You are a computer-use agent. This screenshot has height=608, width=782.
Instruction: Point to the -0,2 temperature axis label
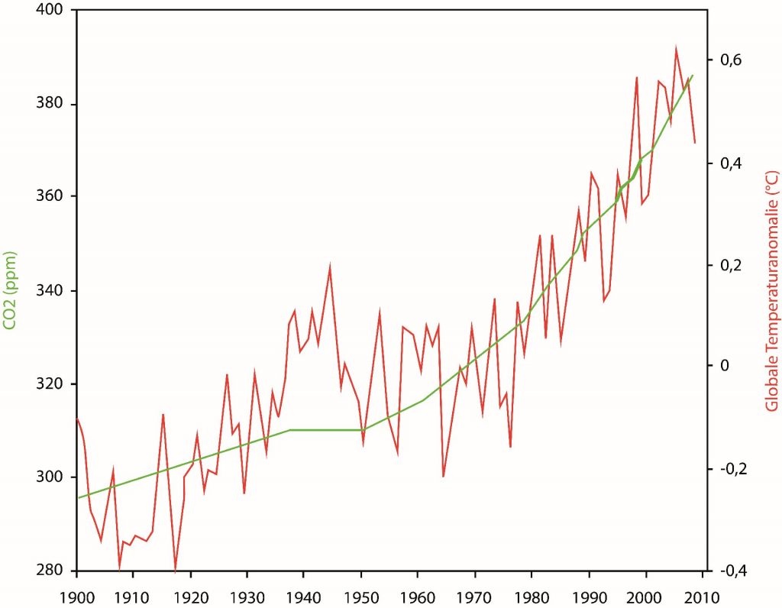(x=729, y=468)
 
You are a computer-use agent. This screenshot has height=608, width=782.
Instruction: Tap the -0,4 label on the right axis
(x=729, y=570)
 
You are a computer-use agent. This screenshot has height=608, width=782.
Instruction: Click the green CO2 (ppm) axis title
(x=11, y=290)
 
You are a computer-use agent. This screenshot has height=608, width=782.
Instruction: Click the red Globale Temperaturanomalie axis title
(x=771, y=290)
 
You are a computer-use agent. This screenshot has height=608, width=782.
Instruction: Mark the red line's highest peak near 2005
(x=676, y=47)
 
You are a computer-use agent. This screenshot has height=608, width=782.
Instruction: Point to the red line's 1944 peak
(x=330, y=266)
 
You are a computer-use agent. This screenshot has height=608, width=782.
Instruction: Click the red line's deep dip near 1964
(x=444, y=476)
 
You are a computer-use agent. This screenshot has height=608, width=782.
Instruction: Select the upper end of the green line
(x=692, y=76)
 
